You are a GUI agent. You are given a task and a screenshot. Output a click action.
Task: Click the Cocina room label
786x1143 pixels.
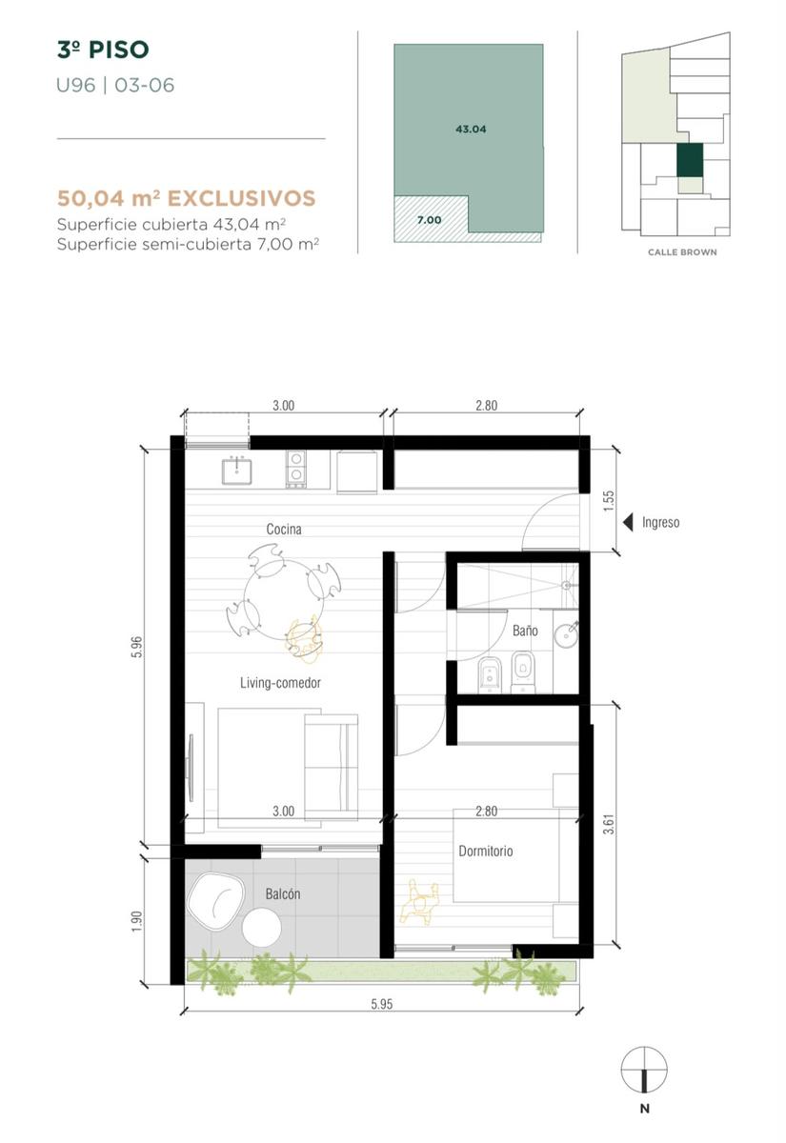[x=284, y=530]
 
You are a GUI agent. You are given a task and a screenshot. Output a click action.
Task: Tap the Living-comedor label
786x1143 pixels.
[x=280, y=683]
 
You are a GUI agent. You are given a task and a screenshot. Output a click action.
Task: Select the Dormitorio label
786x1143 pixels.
[x=485, y=851]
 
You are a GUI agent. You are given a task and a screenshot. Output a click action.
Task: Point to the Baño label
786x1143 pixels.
[x=525, y=631]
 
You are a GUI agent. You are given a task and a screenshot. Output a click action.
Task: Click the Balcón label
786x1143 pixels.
[x=283, y=893]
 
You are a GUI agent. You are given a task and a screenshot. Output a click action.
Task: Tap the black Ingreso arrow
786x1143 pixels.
[x=628, y=523]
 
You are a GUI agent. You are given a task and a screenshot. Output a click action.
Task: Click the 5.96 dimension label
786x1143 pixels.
[x=137, y=647]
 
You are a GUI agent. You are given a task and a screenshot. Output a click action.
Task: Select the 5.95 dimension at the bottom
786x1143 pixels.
[x=382, y=1004]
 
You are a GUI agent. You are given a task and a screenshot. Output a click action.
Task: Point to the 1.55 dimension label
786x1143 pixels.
[x=609, y=501]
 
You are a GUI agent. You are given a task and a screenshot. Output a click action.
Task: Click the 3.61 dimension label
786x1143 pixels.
[x=609, y=824]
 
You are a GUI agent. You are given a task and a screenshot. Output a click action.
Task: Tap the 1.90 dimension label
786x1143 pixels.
[x=137, y=922]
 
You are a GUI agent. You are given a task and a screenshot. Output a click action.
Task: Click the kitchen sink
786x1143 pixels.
[x=237, y=471]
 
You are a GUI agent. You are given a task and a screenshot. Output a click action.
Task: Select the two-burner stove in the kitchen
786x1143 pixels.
[x=295, y=469]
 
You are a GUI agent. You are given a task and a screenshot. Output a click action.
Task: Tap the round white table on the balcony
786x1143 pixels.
[x=261, y=928]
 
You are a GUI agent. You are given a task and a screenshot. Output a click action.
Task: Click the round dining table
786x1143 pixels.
[x=284, y=600]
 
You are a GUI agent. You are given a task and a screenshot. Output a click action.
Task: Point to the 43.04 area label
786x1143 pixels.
[x=471, y=130]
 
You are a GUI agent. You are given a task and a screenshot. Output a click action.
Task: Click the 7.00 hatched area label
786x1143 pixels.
[x=430, y=220]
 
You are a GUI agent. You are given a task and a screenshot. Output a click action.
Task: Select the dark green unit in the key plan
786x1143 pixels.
[x=690, y=160]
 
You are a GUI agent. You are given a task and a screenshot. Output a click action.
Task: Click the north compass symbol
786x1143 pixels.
[x=644, y=1070]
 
